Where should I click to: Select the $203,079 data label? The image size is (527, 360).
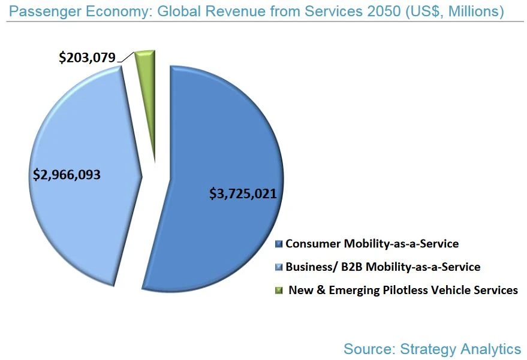(87, 58)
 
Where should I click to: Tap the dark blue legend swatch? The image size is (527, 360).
(278, 244)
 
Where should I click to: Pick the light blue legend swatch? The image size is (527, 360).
(278, 267)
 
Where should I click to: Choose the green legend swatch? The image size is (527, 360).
(278, 291)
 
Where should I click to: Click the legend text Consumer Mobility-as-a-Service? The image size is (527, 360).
(372, 244)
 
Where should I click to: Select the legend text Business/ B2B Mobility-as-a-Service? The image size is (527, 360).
(383, 267)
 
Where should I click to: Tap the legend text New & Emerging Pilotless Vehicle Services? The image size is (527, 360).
(403, 290)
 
